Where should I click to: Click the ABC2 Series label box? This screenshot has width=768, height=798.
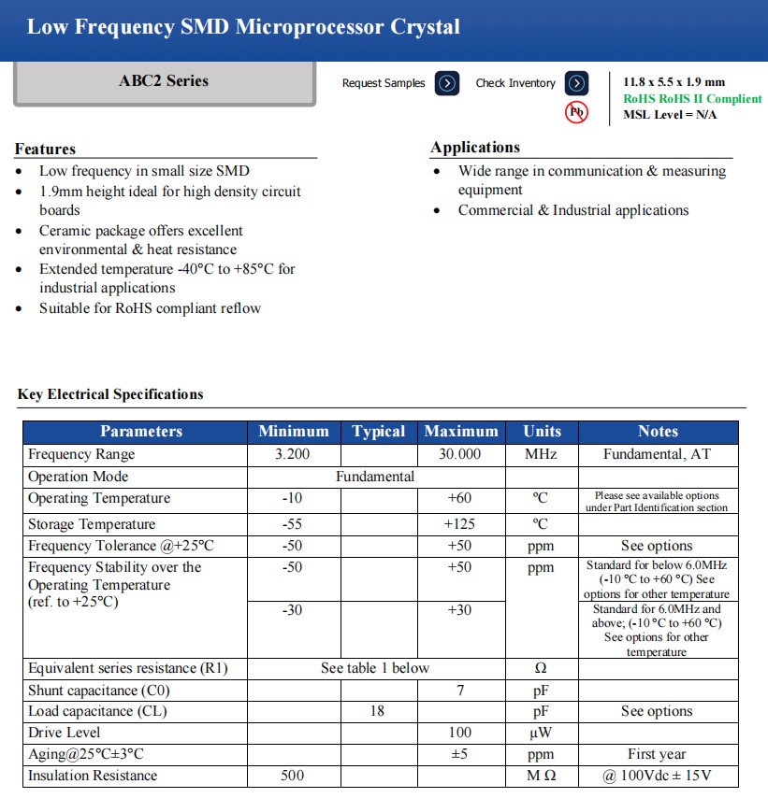pos(164,82)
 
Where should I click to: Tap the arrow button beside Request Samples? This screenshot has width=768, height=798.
pos(447,83)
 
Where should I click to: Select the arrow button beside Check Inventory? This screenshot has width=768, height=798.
pos(577,83)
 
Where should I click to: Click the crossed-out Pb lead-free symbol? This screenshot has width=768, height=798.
pos(577,113)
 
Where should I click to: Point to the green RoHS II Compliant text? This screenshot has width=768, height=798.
pos(692,99)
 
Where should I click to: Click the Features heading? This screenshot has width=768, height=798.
pos(45,150)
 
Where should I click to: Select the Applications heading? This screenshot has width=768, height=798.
pos(475,148)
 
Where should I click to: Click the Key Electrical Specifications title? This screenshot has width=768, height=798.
pos(110,394)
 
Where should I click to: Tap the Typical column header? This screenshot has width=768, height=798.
pos(378,432)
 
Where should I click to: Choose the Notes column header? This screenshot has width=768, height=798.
pos(658,432)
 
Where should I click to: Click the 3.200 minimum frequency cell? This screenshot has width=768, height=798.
pos(292,455)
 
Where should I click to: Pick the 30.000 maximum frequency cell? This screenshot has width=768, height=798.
pos(460,455)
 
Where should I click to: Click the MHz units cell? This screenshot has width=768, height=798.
pos(541,455)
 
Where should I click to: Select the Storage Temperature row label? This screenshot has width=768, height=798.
pos(92,524)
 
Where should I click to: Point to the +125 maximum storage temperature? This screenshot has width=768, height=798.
pos(460,524)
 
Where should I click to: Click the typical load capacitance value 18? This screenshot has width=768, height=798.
pos(377,711)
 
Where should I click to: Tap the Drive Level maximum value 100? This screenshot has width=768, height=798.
pos(460,733)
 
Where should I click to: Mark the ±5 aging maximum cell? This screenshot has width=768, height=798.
pos(460,754)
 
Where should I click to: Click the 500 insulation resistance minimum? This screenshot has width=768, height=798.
pos(292,776)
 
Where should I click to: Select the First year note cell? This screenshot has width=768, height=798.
pos(657,754)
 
